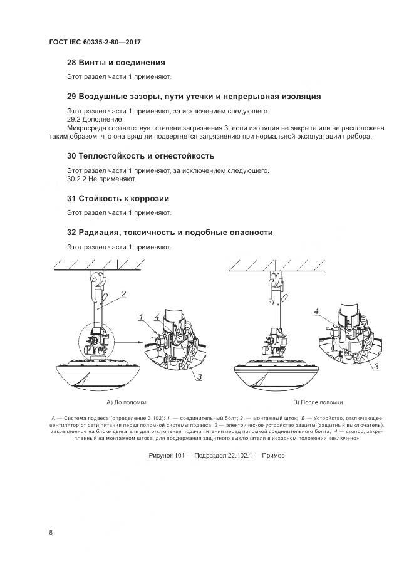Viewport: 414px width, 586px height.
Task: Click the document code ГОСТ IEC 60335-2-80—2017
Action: pos(95,42)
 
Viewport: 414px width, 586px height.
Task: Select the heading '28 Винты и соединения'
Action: pos(116,63)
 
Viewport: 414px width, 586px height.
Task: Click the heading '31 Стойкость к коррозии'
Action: pos(118,198)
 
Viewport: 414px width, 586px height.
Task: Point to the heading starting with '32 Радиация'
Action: pos(170,232)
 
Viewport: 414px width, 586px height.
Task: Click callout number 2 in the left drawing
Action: pos(124,293)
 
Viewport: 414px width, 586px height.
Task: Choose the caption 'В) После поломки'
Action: pos(318,402)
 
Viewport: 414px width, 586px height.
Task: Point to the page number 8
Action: pos(51,533)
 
